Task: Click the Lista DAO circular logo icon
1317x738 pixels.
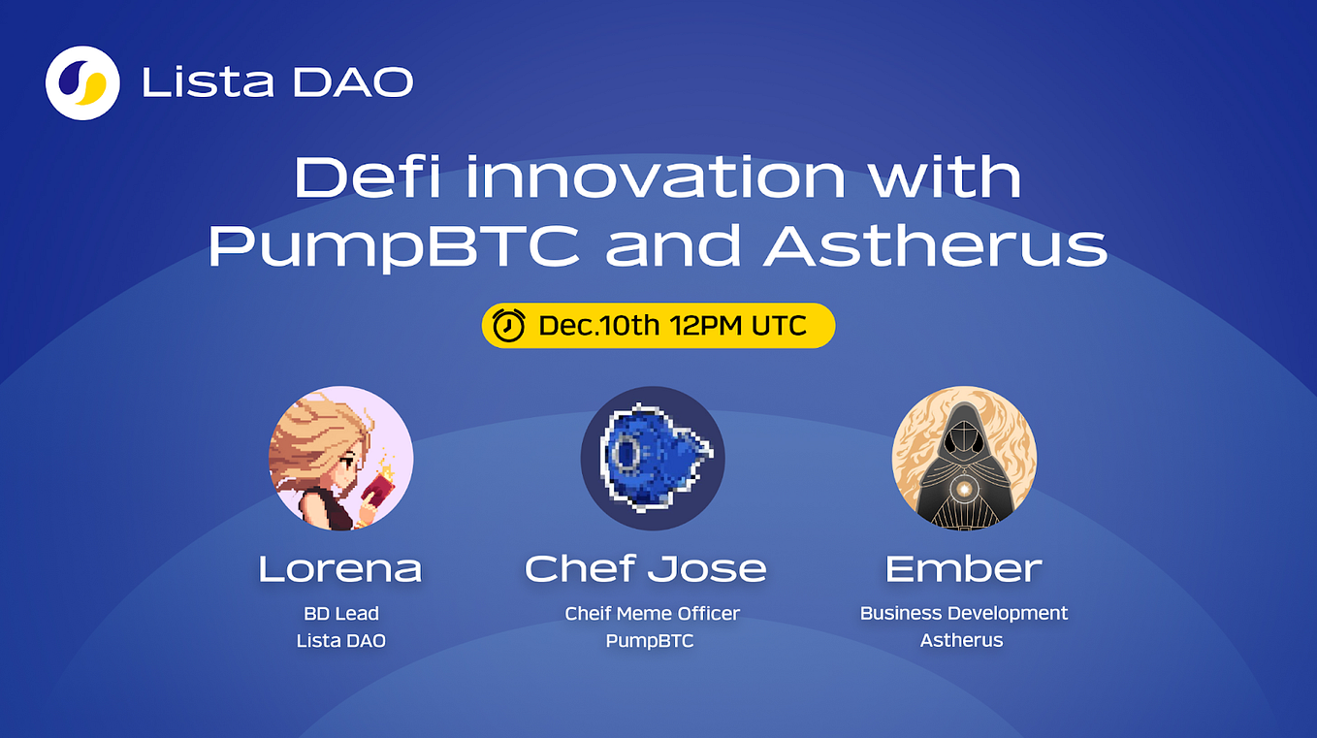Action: click(82, 82)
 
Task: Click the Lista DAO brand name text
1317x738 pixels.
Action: click(277, 83)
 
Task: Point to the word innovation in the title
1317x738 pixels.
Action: click(651, 177)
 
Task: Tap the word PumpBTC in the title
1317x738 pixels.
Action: click(394, 245)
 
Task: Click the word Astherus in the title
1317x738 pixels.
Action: click(935, 245)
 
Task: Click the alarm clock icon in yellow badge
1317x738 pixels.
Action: click(509, 326)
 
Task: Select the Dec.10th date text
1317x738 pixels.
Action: click(598, 326)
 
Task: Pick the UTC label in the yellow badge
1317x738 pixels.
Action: click(780, 326)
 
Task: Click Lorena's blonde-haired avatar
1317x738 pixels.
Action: click(340, 458)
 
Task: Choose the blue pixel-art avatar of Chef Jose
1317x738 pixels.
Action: click(653, 458)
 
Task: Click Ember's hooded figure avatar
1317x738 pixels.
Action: click(964, 458)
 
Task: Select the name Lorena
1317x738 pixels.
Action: click(340, 568)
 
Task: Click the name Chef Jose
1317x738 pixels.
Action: click(646, 568)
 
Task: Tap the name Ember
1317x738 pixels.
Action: click(963, 568)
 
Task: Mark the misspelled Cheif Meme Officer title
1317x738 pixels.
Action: click(652, 613)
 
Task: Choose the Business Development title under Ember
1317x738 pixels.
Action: click(963, 613)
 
